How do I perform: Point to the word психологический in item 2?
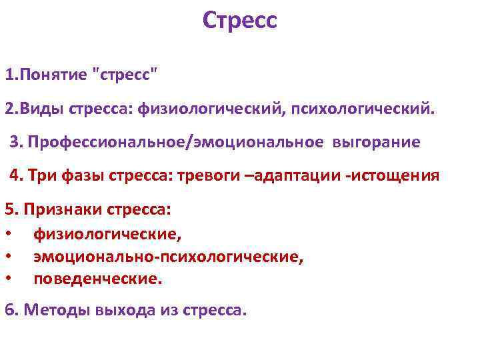pyautogui.click(x=360, y=109)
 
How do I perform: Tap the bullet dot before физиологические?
pyautogui.click(x=7, y=234)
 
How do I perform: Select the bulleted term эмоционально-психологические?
pyautogui.click(x=168, y=257)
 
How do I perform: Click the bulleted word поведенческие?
pyautogui.click(x=97, y=279)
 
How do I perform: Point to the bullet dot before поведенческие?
pyautogui.click(x=7, y=279)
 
